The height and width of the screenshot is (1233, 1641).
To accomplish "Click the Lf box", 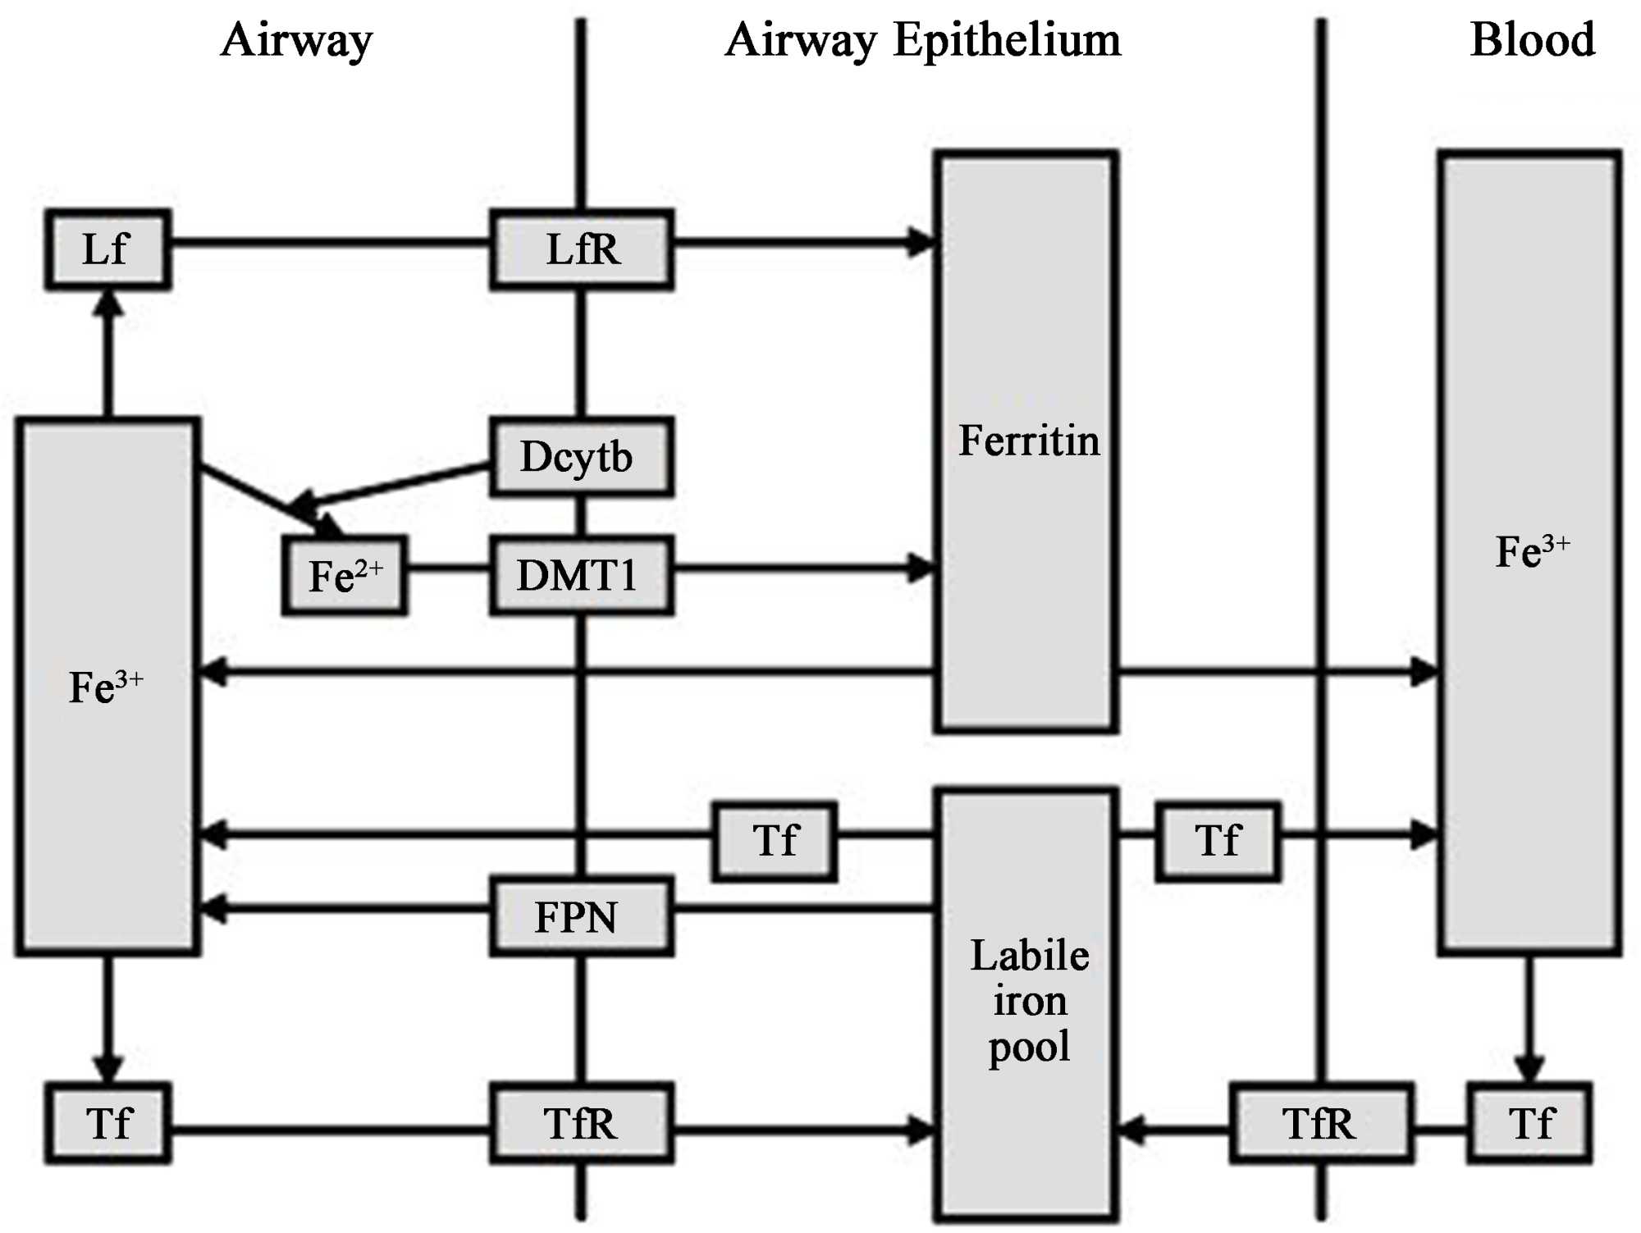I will coord(107,249).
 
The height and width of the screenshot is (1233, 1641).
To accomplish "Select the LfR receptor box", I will coord(582,249).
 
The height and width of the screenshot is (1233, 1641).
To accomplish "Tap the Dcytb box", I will coord(582,457).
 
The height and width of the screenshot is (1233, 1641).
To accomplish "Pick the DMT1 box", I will coord(582,575).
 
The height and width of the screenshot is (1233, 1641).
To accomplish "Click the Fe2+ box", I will coord(345,575).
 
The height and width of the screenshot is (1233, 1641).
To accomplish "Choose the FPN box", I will coord(582,916).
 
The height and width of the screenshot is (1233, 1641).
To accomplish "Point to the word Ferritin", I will coord(1029,441).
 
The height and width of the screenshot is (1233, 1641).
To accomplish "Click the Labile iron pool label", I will coord(1029,1001).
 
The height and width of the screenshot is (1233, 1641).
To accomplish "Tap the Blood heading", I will coord(1532,39).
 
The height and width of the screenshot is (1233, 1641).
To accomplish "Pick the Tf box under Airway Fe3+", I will coord(107,1123).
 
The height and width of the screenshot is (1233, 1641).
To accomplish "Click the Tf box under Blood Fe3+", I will coord(1530,1123).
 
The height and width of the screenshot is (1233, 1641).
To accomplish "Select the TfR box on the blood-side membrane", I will coord(1320,1123).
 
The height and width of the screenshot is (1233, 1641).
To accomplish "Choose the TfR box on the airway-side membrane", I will coord(582,1123).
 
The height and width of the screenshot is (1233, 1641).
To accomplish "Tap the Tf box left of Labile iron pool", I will coord(775,841).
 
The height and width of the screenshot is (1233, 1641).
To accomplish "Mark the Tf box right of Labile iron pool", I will coord(1218,841).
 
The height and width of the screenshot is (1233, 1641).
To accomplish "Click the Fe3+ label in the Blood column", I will coord(1531,550).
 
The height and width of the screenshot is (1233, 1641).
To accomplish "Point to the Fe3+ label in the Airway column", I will coord(106,687).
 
